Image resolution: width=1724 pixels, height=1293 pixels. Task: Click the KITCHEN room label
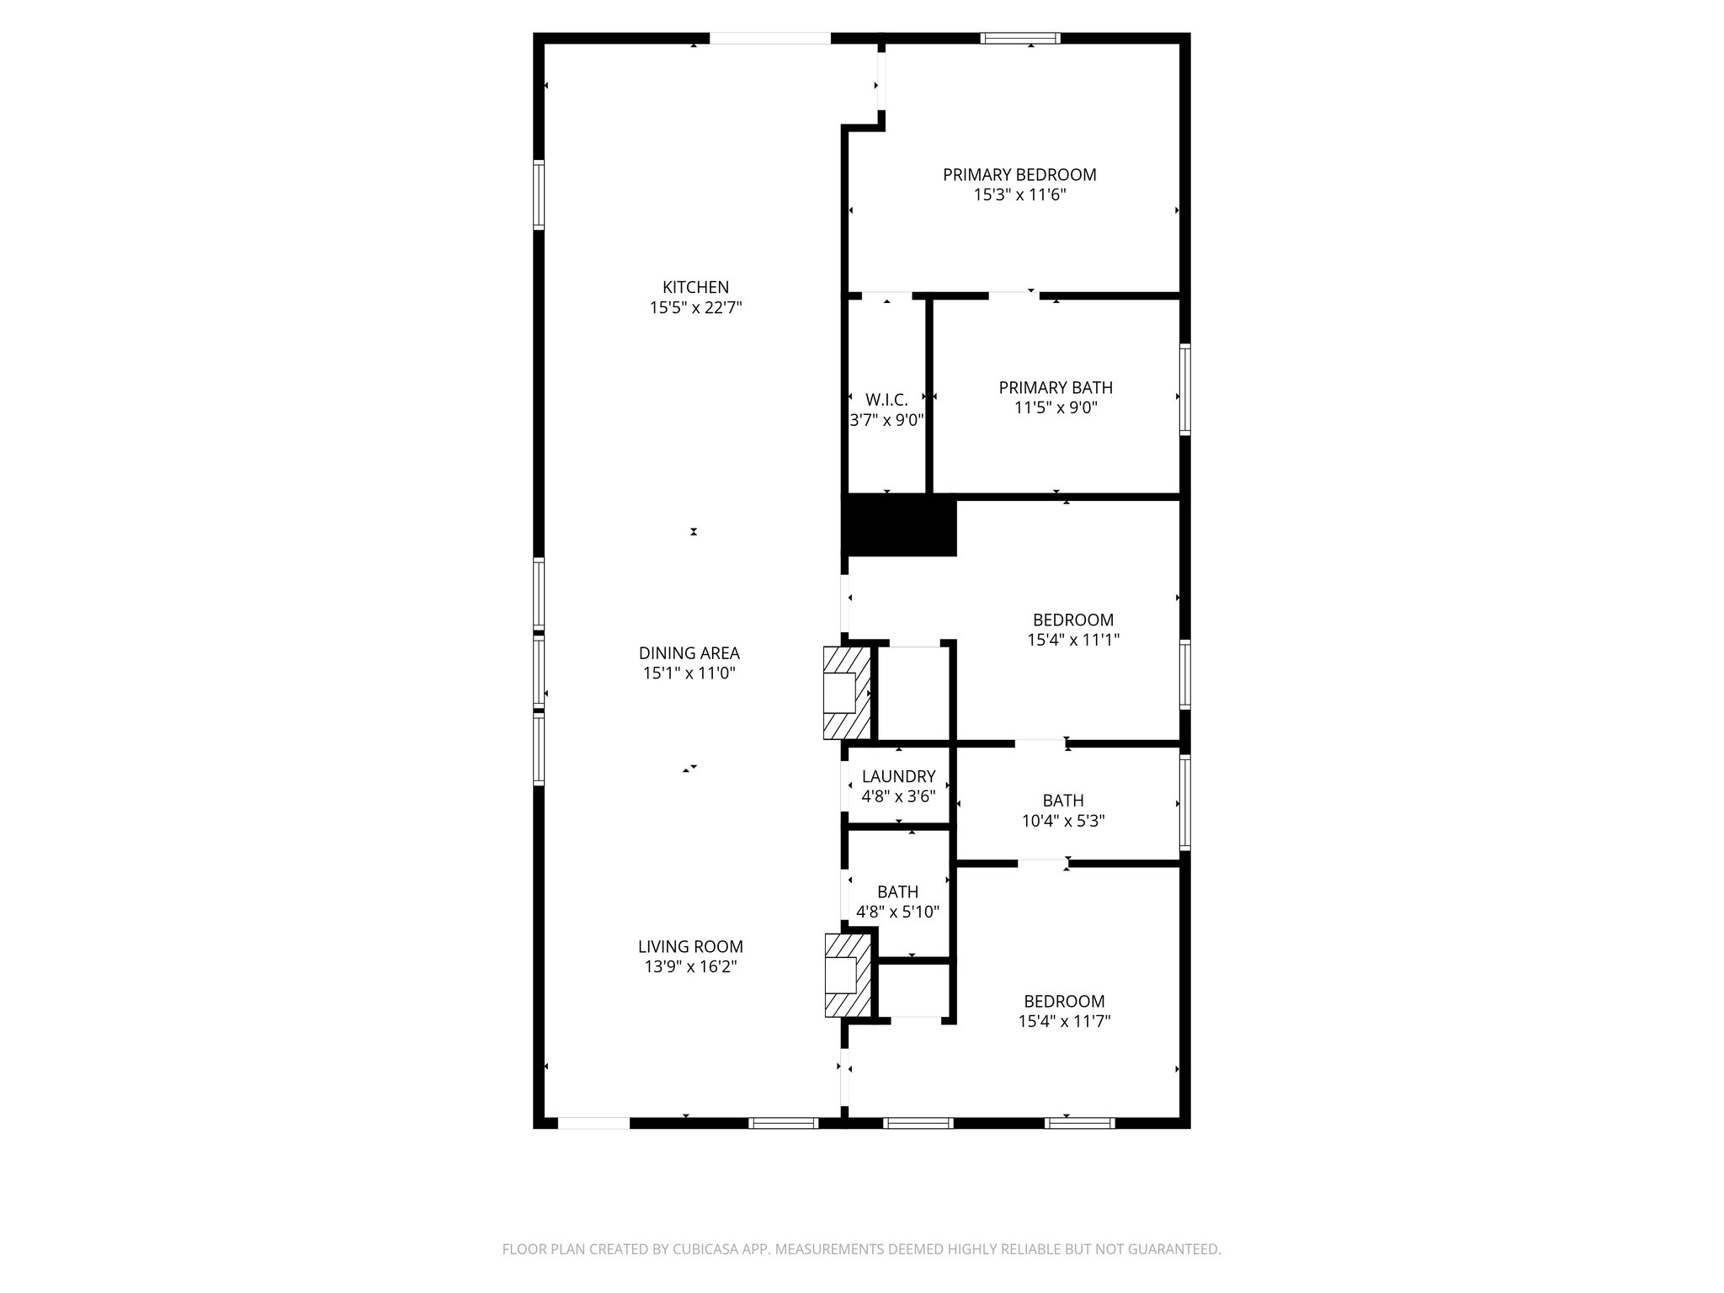695,288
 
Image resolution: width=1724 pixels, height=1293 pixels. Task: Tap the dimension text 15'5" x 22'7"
695,308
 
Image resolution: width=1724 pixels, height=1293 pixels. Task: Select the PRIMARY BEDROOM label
1019,175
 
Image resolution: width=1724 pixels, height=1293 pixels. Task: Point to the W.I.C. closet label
886,400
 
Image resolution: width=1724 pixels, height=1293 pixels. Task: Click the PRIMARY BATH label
1056,388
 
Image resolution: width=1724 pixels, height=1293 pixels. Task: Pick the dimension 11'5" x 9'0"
1056,408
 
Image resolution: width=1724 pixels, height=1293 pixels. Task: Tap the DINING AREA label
689,653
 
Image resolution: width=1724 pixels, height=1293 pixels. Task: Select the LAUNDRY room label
898,777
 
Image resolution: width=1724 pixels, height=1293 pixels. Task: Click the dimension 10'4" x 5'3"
1063,821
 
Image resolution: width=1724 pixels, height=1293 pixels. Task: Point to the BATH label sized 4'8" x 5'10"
897,892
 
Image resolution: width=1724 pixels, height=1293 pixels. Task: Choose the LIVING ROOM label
690,947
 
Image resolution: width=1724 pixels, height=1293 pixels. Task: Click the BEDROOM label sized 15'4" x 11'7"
1064,1002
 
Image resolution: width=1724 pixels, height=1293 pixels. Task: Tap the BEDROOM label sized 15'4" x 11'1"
1073,620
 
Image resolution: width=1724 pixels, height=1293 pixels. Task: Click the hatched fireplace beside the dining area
846,693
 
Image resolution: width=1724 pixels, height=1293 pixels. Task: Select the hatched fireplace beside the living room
846,976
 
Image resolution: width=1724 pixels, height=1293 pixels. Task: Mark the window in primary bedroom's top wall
1020,38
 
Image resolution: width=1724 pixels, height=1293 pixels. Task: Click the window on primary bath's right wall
1184,389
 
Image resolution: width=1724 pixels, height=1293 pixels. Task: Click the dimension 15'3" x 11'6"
1019,195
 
